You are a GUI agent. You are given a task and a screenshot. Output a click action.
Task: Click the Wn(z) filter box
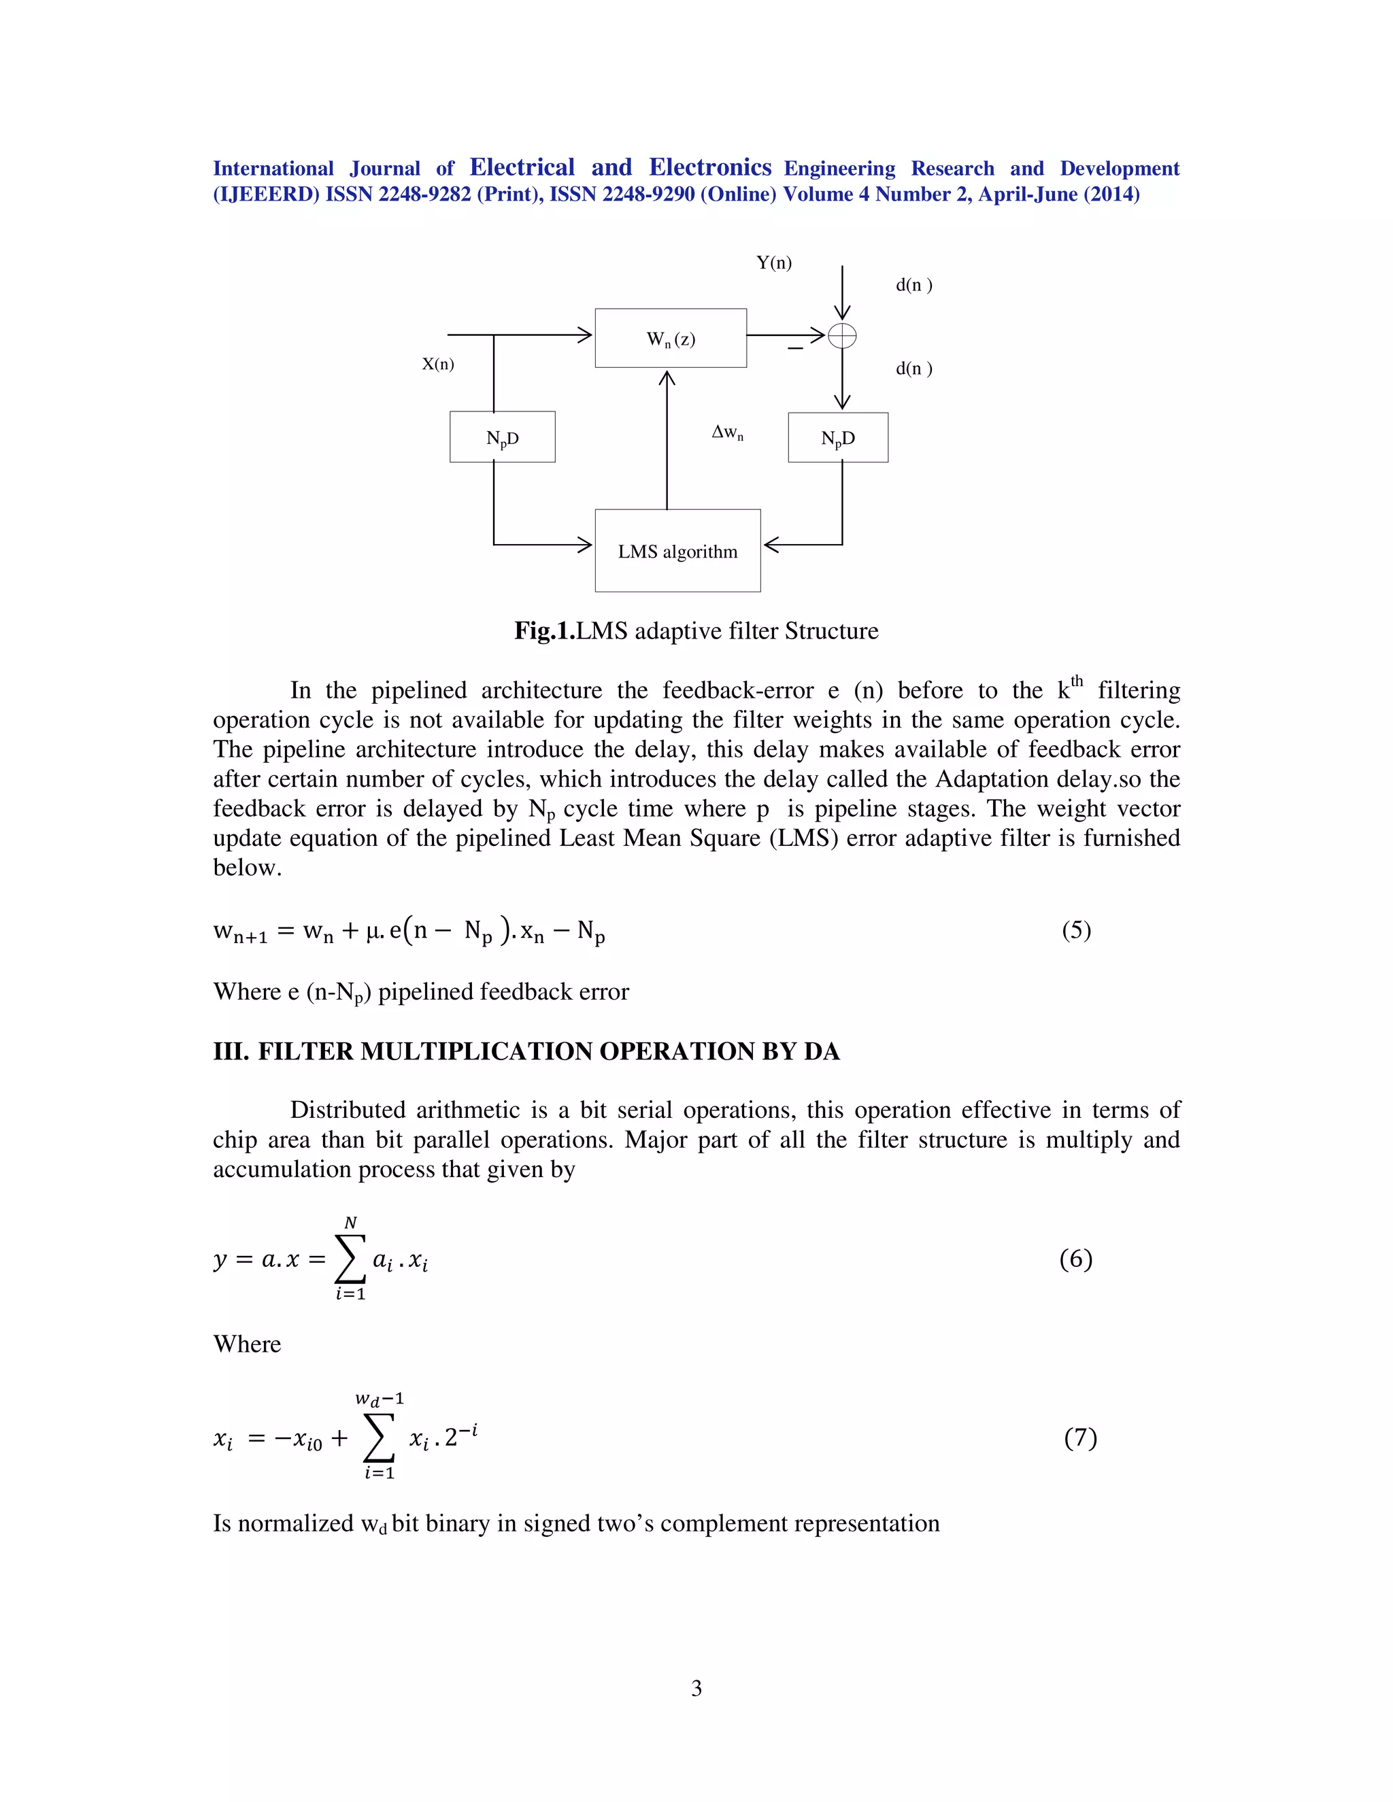[670, 338]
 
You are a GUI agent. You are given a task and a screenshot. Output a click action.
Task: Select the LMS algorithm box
[677, 550]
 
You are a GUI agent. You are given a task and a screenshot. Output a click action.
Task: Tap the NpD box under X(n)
[502, 437]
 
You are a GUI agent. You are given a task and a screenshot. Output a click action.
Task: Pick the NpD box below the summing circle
[837, 437]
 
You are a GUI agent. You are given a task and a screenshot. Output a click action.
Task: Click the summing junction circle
[842, 336]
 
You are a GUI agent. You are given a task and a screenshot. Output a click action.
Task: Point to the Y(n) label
[773, 262]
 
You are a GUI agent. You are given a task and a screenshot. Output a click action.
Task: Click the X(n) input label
[437, 364]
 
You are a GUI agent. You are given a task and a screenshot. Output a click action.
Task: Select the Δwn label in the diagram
[727, 432]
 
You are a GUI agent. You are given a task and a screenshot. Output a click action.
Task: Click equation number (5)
[1076, 930]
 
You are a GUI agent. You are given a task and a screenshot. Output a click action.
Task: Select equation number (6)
[1075, 1258]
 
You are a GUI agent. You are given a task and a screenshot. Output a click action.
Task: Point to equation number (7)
[1079, 1438]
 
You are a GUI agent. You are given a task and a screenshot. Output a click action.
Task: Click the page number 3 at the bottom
[696, 1688]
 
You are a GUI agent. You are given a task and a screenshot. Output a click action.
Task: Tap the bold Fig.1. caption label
[544, 630]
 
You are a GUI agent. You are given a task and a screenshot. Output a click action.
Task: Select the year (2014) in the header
[1111, 194]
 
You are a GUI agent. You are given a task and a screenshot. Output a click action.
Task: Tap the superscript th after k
[1076, 681]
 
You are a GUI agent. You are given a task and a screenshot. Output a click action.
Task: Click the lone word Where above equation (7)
[247, 1344]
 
